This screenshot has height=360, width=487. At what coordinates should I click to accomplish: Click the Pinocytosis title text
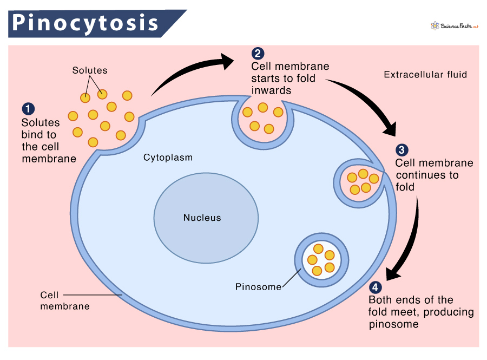click(85, 23)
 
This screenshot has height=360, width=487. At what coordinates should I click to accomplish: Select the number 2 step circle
click(258, 53)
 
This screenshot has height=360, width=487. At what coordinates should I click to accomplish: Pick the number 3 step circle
click(402, 150)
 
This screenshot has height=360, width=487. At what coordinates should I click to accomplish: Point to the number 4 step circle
click(375, 287)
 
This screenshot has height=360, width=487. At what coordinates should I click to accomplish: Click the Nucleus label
click(202, 218)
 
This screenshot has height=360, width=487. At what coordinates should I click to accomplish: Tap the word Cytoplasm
click(168, 158)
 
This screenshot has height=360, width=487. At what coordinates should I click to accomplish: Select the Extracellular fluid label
click(425, 75)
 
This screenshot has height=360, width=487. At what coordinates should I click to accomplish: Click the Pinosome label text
click(258, 287)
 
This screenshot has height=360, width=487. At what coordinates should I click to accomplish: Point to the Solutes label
click(90, 70)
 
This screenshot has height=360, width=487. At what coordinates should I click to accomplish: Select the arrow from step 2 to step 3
click(368, 103)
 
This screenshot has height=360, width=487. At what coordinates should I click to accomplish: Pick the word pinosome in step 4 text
click(393, 324)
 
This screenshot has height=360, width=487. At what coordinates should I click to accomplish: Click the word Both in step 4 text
click(380, 300)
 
